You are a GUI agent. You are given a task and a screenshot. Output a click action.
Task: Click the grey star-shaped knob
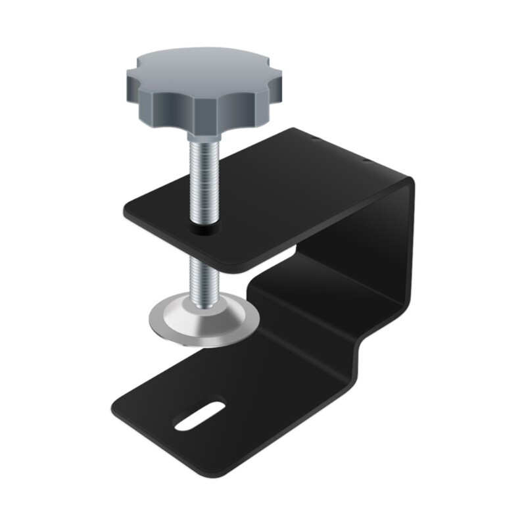tap(177, 92)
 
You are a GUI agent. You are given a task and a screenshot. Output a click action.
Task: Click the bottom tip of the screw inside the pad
tap(202, 305)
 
